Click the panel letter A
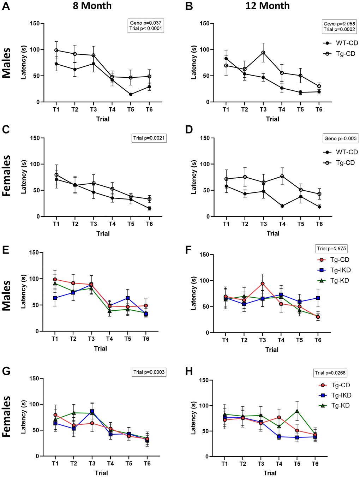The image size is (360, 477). pos(6,7)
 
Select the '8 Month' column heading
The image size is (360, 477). pos(92,6)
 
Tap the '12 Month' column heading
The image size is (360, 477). pos(268,6)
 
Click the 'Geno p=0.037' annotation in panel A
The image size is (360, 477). pos(146,23)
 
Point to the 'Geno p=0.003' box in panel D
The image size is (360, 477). pos(340,138)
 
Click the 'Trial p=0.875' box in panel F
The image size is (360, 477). pos(331,249)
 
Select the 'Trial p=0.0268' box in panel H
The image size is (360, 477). pos(330,373)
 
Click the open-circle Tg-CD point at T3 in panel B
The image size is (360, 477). pos(263,53)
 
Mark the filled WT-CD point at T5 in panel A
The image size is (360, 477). pos(131,94)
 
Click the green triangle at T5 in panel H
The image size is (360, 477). pos(297,411)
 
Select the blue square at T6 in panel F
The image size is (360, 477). pos(318,298)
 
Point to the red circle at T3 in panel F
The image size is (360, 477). pos(262,284)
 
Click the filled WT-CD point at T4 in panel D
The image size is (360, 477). pos(282,206)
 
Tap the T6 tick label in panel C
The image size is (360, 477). pos(149,224)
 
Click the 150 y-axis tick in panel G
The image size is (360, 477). pos(34,378)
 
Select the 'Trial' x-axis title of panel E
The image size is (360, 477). pos(100,348)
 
